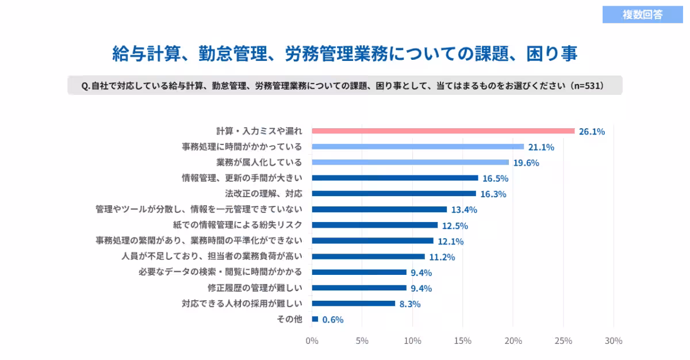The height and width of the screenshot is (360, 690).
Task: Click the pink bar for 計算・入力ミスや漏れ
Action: pyautogui.click(x=443, y=131)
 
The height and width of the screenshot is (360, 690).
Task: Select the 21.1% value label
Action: pyautogui.click(x=541, y=147)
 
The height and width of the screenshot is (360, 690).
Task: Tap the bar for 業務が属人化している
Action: pyautogui.click(x=410, y=163)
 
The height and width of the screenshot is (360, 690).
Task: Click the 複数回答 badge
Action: pyautogui.click(x=642, y=15)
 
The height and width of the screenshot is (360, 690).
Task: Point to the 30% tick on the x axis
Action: pyautogui.click(x=614, y=341)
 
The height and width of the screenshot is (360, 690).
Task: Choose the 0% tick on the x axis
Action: pyautogui.click(x=312, y=341)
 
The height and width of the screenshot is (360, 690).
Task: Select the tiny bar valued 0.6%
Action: pyautogui.click(x=315, y=319)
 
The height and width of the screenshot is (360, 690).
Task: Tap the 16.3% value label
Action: pyautogui.click(x=493, y=194)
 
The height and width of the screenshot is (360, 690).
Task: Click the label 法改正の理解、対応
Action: pyautogui.click(x=263, y=194)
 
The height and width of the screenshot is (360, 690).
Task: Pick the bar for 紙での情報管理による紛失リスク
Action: pyautogui.click(x=374, y=225)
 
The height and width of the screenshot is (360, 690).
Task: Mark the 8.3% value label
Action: pyautogui.click(x=410, y=304)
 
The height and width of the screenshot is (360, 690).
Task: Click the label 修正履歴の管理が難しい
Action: pyautogui.click(x=255, y=288)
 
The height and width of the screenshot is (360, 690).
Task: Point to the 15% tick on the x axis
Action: pyautogui.click(x=463, y=341)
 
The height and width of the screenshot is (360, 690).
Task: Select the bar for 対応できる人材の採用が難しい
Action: pyautogui.click(x=353, y=304)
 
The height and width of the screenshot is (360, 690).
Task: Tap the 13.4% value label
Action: pyautogui.click(x=463, y=210)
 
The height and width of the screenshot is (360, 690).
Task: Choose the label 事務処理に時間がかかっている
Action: pyautogui.click(x=242, y=147)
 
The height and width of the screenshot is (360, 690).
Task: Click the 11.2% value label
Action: pyautogui.click(x=442, y=257)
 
